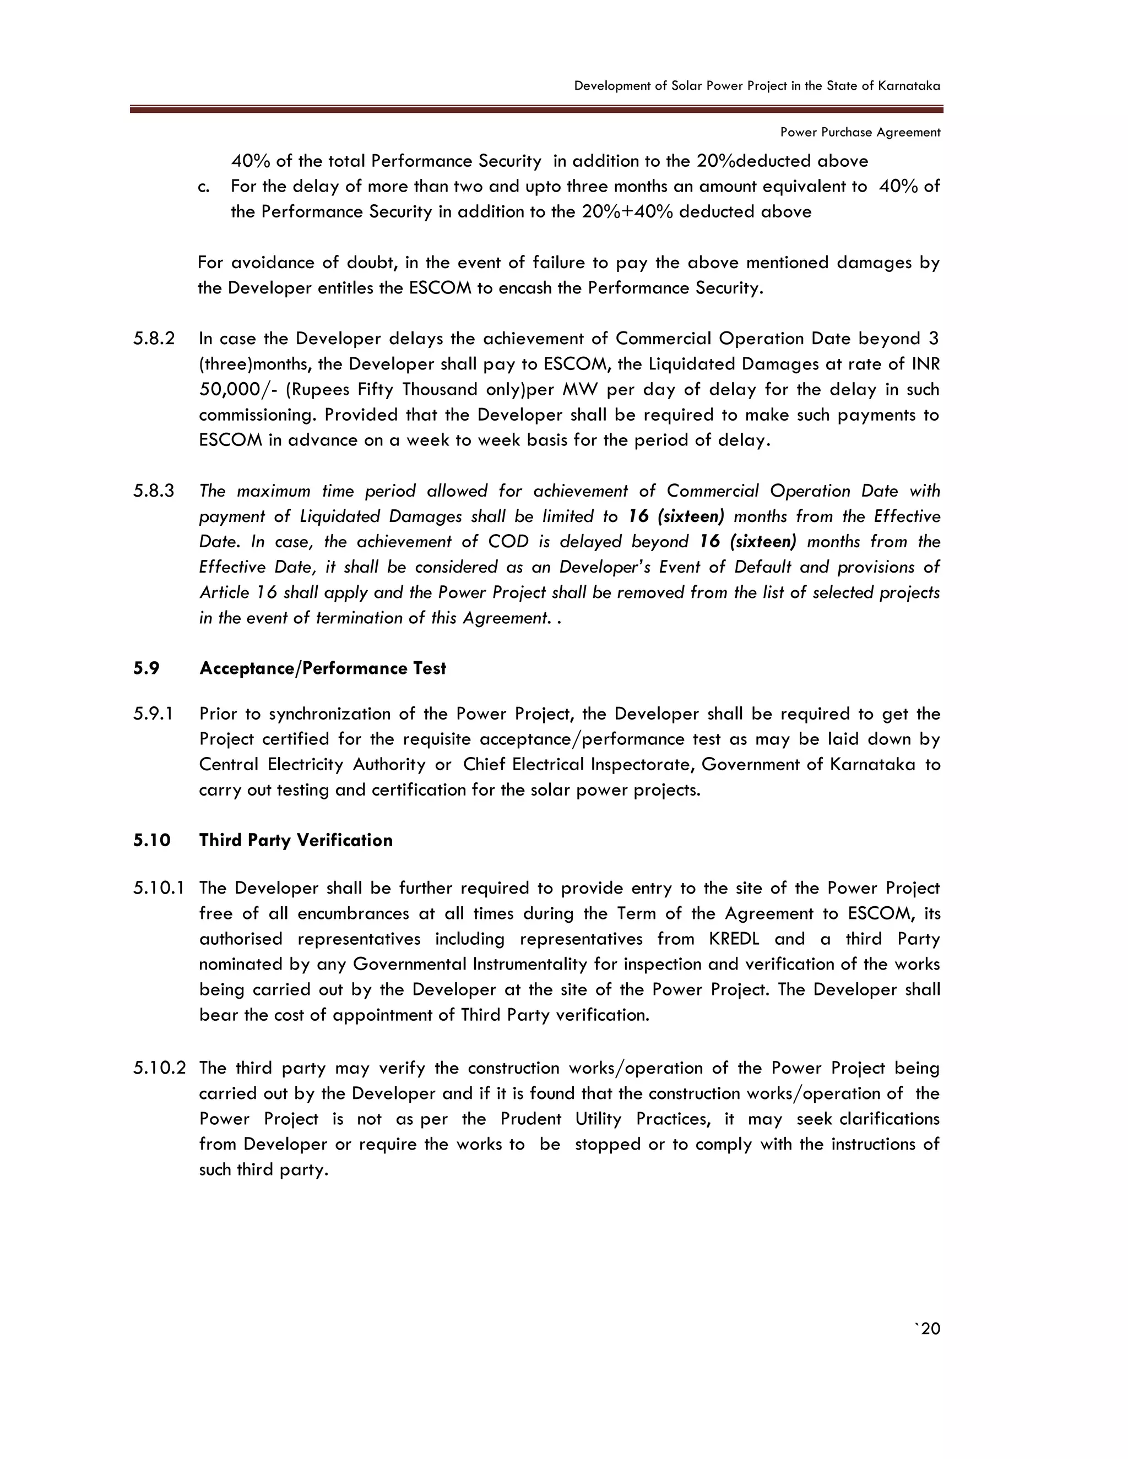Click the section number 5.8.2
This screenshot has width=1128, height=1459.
point(154,339)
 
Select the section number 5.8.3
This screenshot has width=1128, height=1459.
point(154,491)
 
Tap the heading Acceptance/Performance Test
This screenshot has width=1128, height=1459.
point(322,669)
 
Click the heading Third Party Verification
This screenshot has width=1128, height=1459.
point(295,840)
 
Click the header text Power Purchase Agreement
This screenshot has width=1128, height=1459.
point(860,132)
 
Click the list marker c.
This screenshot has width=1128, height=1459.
point(204,187)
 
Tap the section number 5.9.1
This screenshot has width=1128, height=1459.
point(153,714)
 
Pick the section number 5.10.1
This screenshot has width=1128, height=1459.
point(159,889)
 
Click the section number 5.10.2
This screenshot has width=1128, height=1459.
point(159,1068)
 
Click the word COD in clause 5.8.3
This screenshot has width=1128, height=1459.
point(508,542)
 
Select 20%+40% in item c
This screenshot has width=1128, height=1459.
point(627,213)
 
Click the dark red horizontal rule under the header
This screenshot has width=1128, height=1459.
point(536,109)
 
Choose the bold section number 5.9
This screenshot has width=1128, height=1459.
point(147,669)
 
